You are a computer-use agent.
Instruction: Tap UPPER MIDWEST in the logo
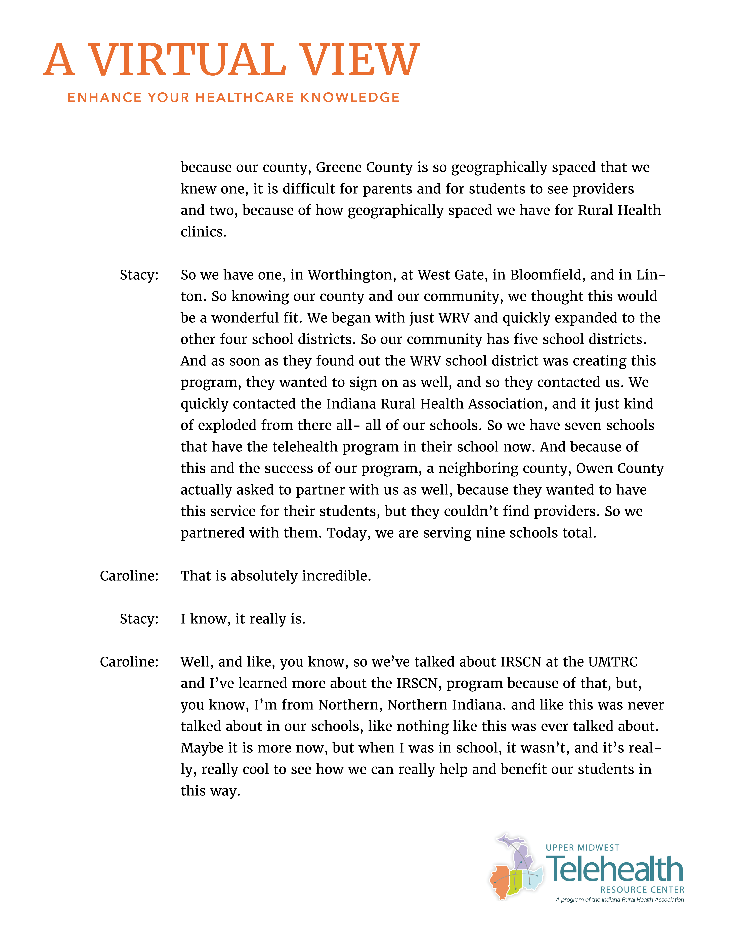(583, 848)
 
